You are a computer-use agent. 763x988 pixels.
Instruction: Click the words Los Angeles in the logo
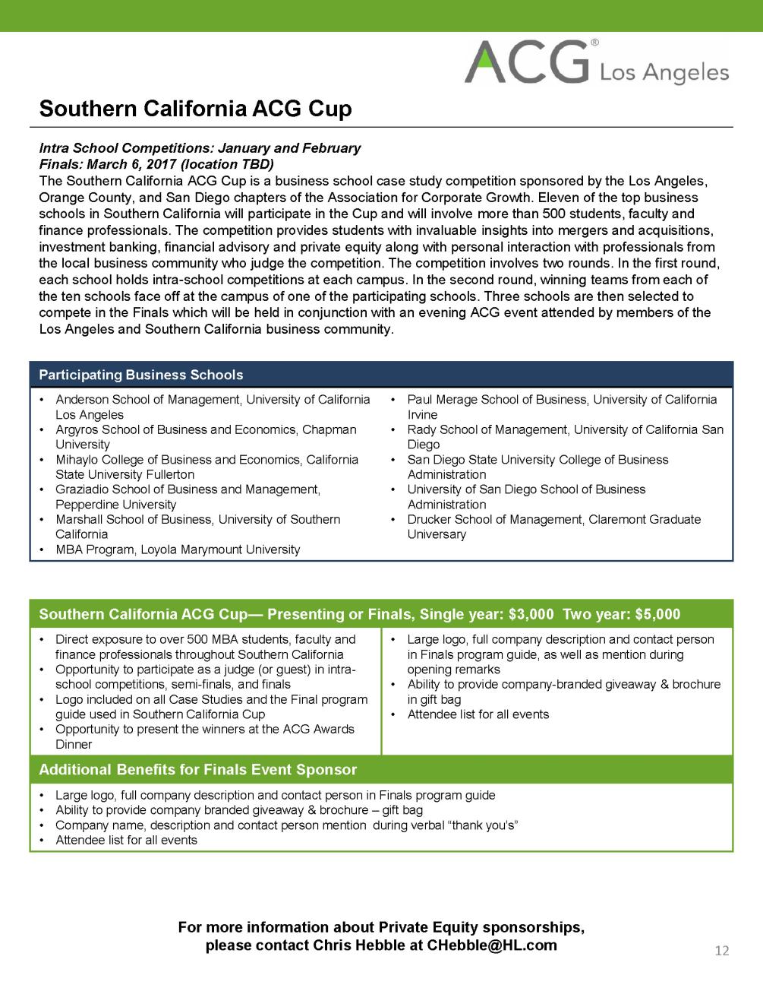pyautogui.click(x=664, y=73)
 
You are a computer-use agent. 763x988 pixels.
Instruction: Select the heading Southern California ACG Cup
pyautogui.click(x=195, y=109)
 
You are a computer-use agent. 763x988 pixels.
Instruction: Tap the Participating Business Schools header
pyautogui.click(x=141, y=375)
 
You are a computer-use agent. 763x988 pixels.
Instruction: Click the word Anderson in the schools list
pyautogui.click(x=82, y=400)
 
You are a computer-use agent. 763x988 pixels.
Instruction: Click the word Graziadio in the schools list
pyautogui.click(x=81, y=489)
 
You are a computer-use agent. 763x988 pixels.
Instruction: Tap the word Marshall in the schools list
pyautogui.click(x=78, y=519)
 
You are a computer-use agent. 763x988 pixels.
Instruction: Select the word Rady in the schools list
pyautogui.click(x=421, y=429)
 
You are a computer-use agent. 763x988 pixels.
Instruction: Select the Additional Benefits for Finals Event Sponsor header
pyautogui.click(x=197, y=769)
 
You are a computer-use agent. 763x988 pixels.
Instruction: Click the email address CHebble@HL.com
pyautogui.click(x=492, y=945)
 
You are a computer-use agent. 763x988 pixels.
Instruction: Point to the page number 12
pyautogui.click(x=721, y=951)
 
